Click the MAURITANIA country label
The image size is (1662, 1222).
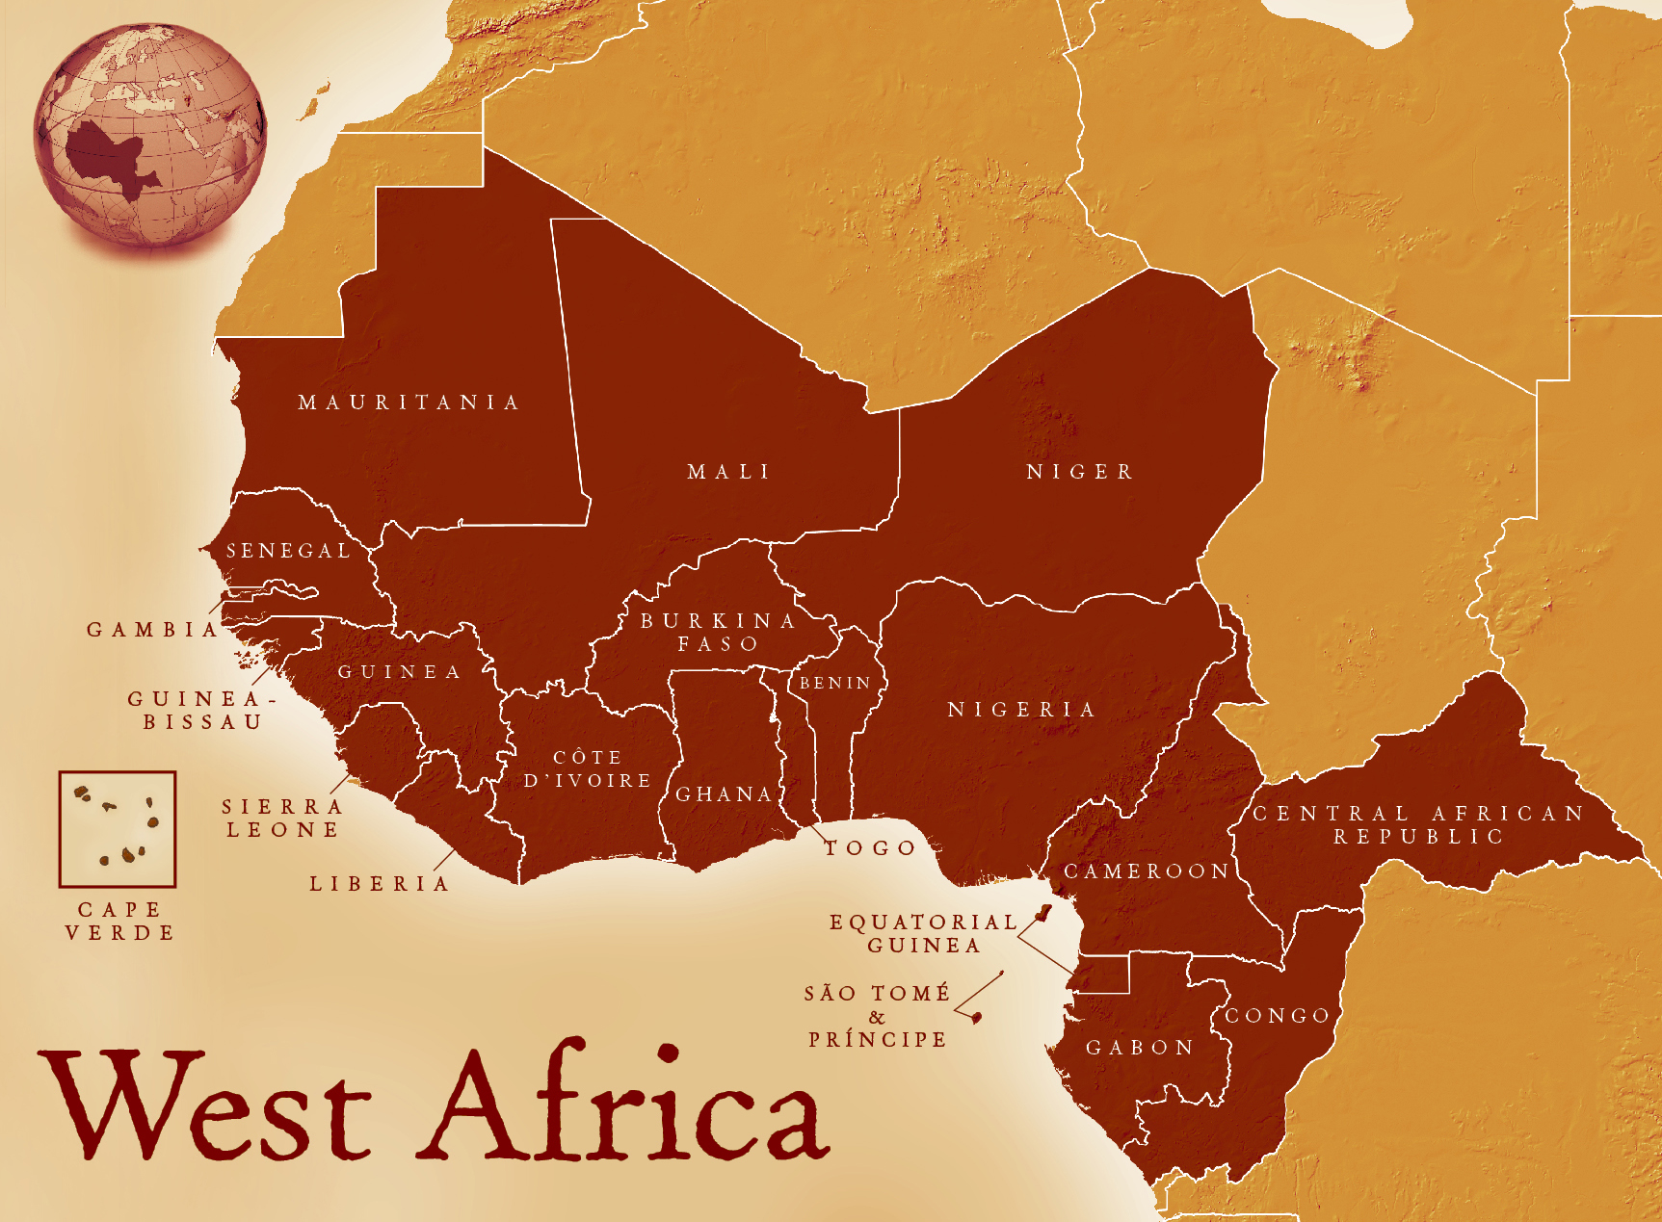point(409,403)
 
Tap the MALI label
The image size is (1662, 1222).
point(728,472)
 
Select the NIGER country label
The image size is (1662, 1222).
point(1080,472)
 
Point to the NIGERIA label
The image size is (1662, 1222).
point(1022,710)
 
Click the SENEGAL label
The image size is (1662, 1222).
point(288,551)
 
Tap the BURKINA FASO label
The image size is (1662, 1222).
point(719,633)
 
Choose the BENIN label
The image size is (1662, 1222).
point(835,683)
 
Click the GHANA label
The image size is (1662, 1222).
point(725,794)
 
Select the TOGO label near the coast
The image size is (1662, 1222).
point(870,848)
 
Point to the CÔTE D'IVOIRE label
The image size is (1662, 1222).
point(588,769)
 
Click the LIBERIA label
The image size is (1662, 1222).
point(380,884)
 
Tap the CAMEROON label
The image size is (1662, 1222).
point(1147,871)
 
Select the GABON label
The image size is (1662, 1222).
point(1141,1048)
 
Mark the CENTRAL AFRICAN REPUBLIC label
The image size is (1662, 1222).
point(1418,825)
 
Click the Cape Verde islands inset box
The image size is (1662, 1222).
point(118,829)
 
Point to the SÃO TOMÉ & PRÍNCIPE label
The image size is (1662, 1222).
point(877,1017)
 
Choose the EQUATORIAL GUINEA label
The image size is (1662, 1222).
point(923,934)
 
